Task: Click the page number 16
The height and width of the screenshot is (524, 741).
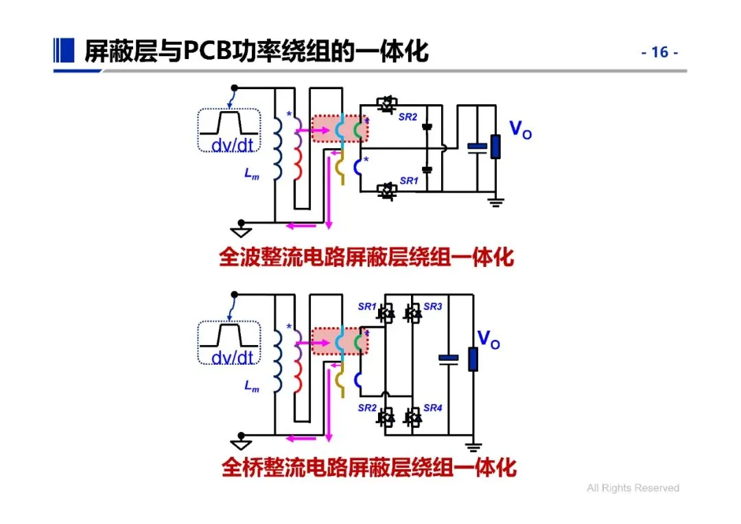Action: pyautogui.click(x=659, y=53)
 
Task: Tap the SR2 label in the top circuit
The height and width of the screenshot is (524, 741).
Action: pyautogui.click(x=408, y=117)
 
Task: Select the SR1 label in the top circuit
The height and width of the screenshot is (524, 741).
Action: pyautogui.click(x=408, y=181)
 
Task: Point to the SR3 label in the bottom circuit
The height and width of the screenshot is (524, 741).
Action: pyautogui.click(x=432, y=307)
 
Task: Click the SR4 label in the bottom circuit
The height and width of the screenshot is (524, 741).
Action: pyautogui.click(x=432, y=408)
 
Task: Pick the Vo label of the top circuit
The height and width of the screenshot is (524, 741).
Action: pyautogui.click(x=519, y=129)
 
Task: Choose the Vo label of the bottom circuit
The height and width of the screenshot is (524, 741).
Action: pyautogui.click(x=489, y=339)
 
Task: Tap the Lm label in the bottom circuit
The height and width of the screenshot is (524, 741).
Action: pyautogui.click(x=252, y=387)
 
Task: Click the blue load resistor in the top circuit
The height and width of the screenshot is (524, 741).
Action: pyautogui.click(x=495, y=146)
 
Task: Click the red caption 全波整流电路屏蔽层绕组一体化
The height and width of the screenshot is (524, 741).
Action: pyautogui.click(x=366, y=258)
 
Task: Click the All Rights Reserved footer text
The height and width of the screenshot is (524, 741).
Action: pyautogui.click(x=633, y=488)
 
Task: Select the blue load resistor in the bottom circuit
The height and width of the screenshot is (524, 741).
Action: pyautogui.click(x=473, y=359)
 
